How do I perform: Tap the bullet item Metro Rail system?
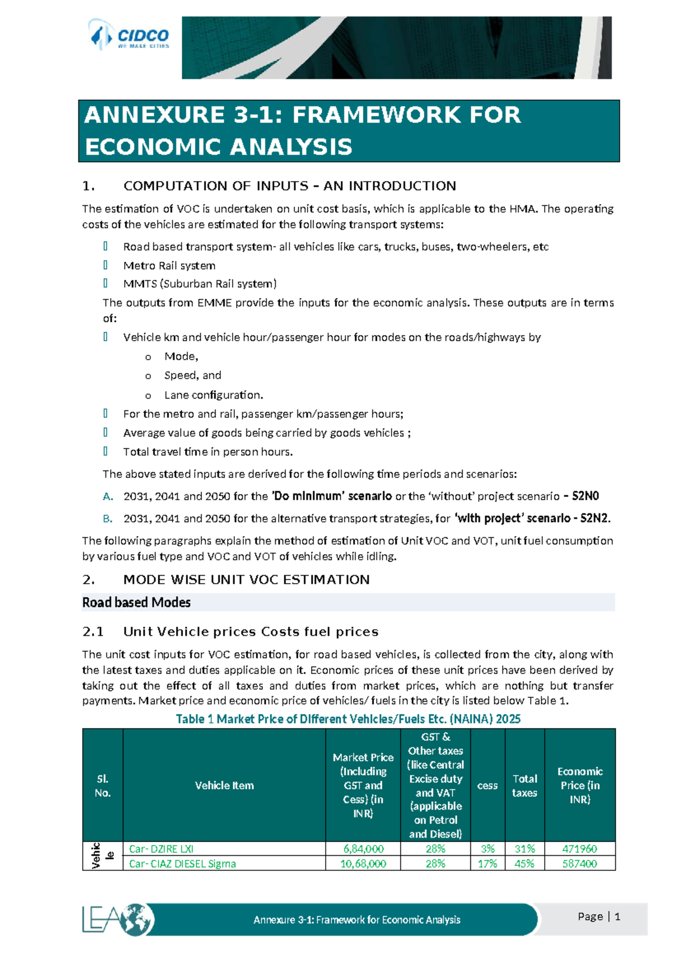169,266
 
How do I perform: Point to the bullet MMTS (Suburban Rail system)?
200,284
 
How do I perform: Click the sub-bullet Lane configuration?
213,395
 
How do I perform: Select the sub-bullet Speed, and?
192,375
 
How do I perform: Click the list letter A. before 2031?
108,496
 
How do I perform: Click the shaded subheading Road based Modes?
136,602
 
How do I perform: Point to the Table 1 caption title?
348,719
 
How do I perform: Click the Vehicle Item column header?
224,785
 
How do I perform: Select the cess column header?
487,786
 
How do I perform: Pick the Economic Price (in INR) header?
579,785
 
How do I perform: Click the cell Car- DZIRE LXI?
161,849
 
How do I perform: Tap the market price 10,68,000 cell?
363,864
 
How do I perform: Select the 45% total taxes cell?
524,864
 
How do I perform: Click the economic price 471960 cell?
579,849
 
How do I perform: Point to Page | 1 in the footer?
599,916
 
